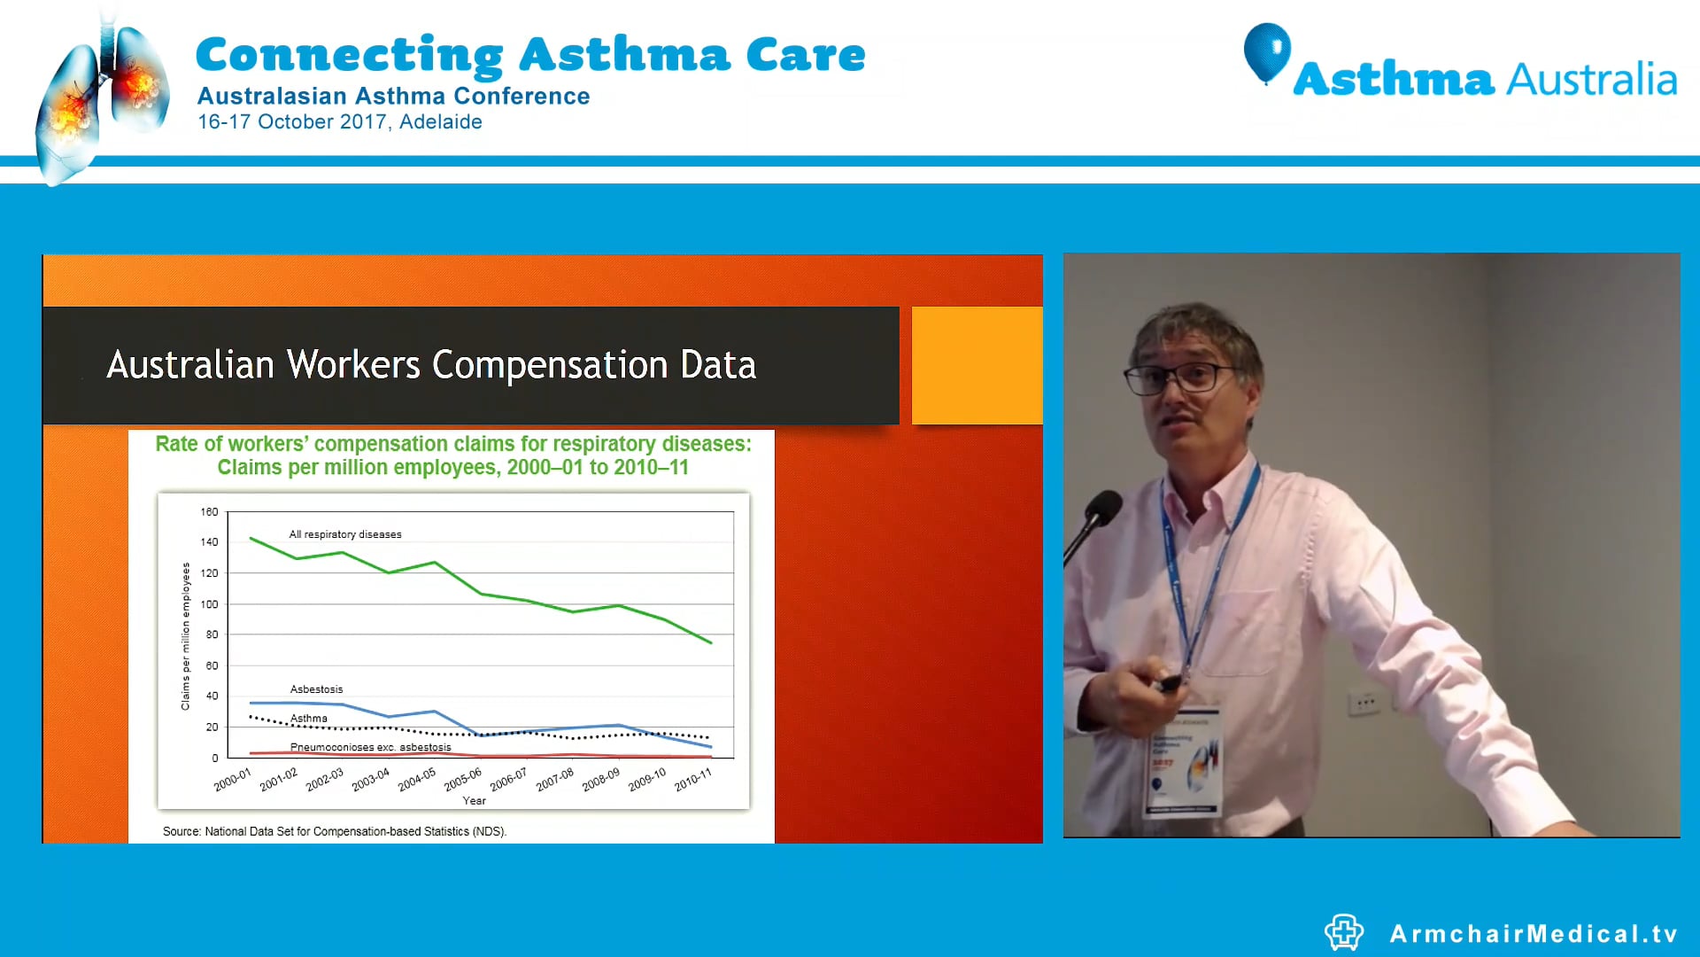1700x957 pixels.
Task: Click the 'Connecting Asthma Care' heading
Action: click(529, 55)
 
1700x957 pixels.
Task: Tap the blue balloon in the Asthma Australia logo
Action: click(1267, 51)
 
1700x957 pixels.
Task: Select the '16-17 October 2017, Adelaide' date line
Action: click(339, 122)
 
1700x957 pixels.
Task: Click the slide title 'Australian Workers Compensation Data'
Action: click(431, 365)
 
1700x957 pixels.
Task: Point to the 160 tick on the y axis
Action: click(209, 512)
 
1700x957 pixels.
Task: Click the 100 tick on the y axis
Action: click(209, 604)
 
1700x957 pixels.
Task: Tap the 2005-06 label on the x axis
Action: click(463, 779)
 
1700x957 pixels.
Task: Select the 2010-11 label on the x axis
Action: click(693, 780)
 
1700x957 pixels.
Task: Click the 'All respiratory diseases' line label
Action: click(345, 534)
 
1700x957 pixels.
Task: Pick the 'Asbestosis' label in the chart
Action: click(316, 689)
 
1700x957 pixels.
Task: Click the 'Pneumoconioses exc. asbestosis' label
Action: click(370, 747)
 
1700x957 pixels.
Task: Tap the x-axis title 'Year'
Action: click(474, 801)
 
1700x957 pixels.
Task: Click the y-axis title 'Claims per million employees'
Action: click(186, 635)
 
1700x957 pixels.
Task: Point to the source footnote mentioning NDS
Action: click(335, 832)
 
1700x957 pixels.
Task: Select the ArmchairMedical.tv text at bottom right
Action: click(1533, 934)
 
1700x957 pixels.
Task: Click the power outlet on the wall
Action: click(1364, 704)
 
